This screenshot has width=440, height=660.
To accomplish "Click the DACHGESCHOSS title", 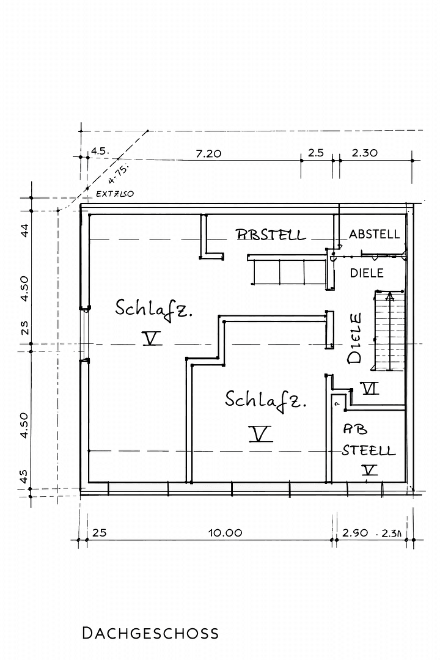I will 150,632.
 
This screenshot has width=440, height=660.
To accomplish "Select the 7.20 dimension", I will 208,153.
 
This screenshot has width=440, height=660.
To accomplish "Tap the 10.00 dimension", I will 225,532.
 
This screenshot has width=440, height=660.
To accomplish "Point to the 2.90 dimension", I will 354,532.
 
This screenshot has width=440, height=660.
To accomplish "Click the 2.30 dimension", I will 365,153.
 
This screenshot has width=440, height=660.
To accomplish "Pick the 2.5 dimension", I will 315,153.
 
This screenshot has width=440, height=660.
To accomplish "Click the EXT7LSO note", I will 115,194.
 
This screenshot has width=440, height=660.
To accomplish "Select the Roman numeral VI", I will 370,388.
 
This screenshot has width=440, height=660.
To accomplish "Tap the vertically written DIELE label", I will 355,339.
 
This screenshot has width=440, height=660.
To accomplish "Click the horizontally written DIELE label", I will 367,273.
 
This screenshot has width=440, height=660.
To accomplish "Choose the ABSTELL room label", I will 374,234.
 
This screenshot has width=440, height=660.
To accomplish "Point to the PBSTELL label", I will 271,235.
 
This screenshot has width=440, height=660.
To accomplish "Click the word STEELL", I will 369,451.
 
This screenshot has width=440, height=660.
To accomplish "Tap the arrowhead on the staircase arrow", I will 389,298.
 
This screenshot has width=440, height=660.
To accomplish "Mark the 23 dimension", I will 24,328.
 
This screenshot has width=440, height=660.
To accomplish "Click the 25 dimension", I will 99,532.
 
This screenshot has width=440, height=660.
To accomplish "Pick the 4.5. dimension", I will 100,150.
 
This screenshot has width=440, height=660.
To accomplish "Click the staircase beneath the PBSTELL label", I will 287,271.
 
